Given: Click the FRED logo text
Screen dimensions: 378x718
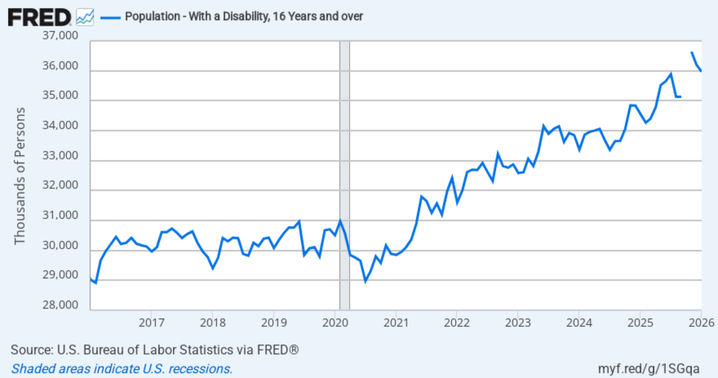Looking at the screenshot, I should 39,17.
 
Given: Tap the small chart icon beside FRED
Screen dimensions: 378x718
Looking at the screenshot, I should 85,17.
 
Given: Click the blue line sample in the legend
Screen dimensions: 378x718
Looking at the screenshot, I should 110,17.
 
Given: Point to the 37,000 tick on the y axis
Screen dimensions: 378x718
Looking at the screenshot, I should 60,36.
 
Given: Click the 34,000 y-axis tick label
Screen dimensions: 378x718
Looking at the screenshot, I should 60,125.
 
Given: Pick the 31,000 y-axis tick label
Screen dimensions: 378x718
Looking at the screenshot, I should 60,215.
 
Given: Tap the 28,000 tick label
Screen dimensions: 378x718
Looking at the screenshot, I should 60,305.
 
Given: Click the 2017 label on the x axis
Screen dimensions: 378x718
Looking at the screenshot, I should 151,323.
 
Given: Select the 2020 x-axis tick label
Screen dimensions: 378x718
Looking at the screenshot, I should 335,323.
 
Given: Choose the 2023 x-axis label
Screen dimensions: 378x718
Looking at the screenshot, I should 518,323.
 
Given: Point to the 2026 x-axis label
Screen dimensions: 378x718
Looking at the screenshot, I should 701,323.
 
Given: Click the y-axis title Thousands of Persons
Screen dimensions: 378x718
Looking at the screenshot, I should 20,176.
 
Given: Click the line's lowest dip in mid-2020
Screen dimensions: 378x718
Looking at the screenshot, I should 365,281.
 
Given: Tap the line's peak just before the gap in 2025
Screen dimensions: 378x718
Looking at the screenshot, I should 671,74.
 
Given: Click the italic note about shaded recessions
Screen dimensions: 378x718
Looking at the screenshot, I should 122,369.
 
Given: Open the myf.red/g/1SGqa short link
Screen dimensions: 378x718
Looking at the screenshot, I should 648,369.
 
